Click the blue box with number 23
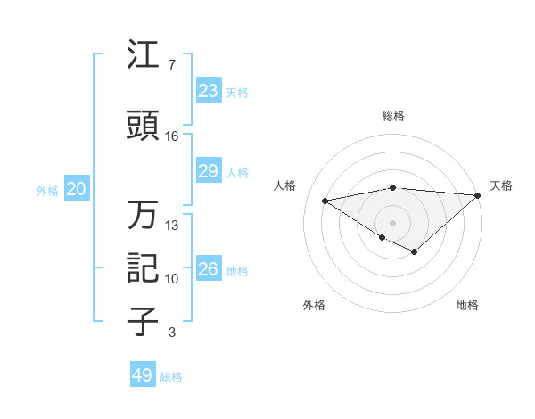(x=208, y=91)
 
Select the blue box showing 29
(x=208, y=171)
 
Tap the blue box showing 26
(x=208, y=269)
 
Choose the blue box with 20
(x=76, y=189)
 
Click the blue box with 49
(x=142, y=375)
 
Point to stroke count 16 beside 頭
(x=172, y=136)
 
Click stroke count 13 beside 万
(x=172, y=226)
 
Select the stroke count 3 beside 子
(x=172, y=333)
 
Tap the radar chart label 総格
(x=392, y=116)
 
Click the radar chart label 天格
(x=501, y=185)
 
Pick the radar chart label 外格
(x=314, y=305)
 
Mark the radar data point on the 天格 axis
(x=479, y=194)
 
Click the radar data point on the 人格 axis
(x=325, y=200)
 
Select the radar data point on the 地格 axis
(x=414, y=252)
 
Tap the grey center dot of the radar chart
(x=392, y=222)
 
